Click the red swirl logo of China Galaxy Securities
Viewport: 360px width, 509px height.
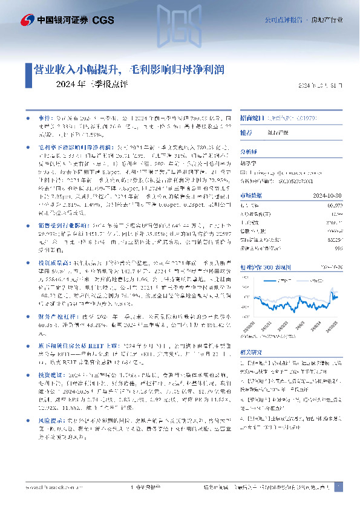click(27, 20)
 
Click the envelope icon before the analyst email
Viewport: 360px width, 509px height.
click(243, 173)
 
